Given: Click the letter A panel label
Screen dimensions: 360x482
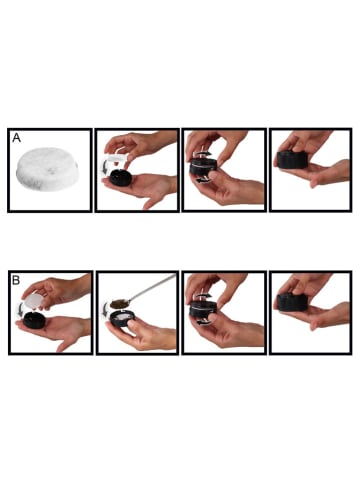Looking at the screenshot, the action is click(x=16, y=138).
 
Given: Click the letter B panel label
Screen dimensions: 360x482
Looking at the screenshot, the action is click(x=16, y=280).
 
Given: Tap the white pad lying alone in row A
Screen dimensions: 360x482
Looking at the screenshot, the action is click(x=47, y=169).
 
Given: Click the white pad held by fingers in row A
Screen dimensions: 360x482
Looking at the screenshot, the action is click(x=117, y=157).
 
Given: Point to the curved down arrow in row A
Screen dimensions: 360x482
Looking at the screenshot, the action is click(x=106, y=166).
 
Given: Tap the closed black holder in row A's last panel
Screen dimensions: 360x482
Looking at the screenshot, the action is click(x=292, y=160).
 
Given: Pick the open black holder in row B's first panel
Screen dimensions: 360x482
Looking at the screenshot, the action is click(x=35, y=319).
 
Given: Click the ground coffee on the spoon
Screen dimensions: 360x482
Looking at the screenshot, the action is click(x=118, y=304).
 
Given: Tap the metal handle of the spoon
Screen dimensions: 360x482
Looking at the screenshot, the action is click(x=152, y=289).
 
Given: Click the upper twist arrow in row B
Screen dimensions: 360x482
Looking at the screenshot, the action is click(x=203, y=296).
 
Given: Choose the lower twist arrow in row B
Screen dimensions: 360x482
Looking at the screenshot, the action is click(x=203, y=323).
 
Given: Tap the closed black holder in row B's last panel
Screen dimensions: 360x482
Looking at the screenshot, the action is click(x=292, y=302).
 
